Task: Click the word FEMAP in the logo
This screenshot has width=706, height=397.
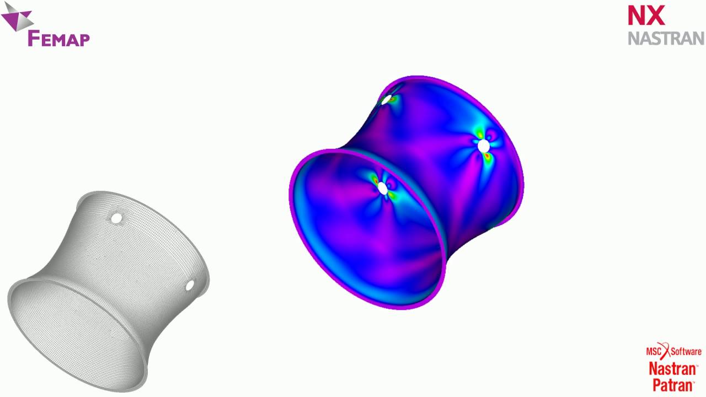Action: tap(58, 39)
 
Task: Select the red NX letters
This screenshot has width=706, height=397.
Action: tap(646, 16)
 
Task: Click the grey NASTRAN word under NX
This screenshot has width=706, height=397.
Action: tap(666, 38)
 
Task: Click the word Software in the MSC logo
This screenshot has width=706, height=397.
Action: tap(686, 351)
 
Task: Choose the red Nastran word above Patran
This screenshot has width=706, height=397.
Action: tap(671, 368)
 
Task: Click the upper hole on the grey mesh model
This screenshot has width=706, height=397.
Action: tap(116, 218)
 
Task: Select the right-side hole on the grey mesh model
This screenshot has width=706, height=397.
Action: tap(190, 286)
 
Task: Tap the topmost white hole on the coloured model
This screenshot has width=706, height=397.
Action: tap(387, 100)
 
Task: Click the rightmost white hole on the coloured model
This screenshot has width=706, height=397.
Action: tap(484, 146)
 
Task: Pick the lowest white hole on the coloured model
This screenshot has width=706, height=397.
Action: tap(383, 189)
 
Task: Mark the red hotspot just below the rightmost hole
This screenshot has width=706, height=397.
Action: tap(488, 158)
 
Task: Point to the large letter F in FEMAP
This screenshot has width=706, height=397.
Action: tap(34, 38)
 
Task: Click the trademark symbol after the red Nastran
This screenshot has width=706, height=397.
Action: tap(696, 365)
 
